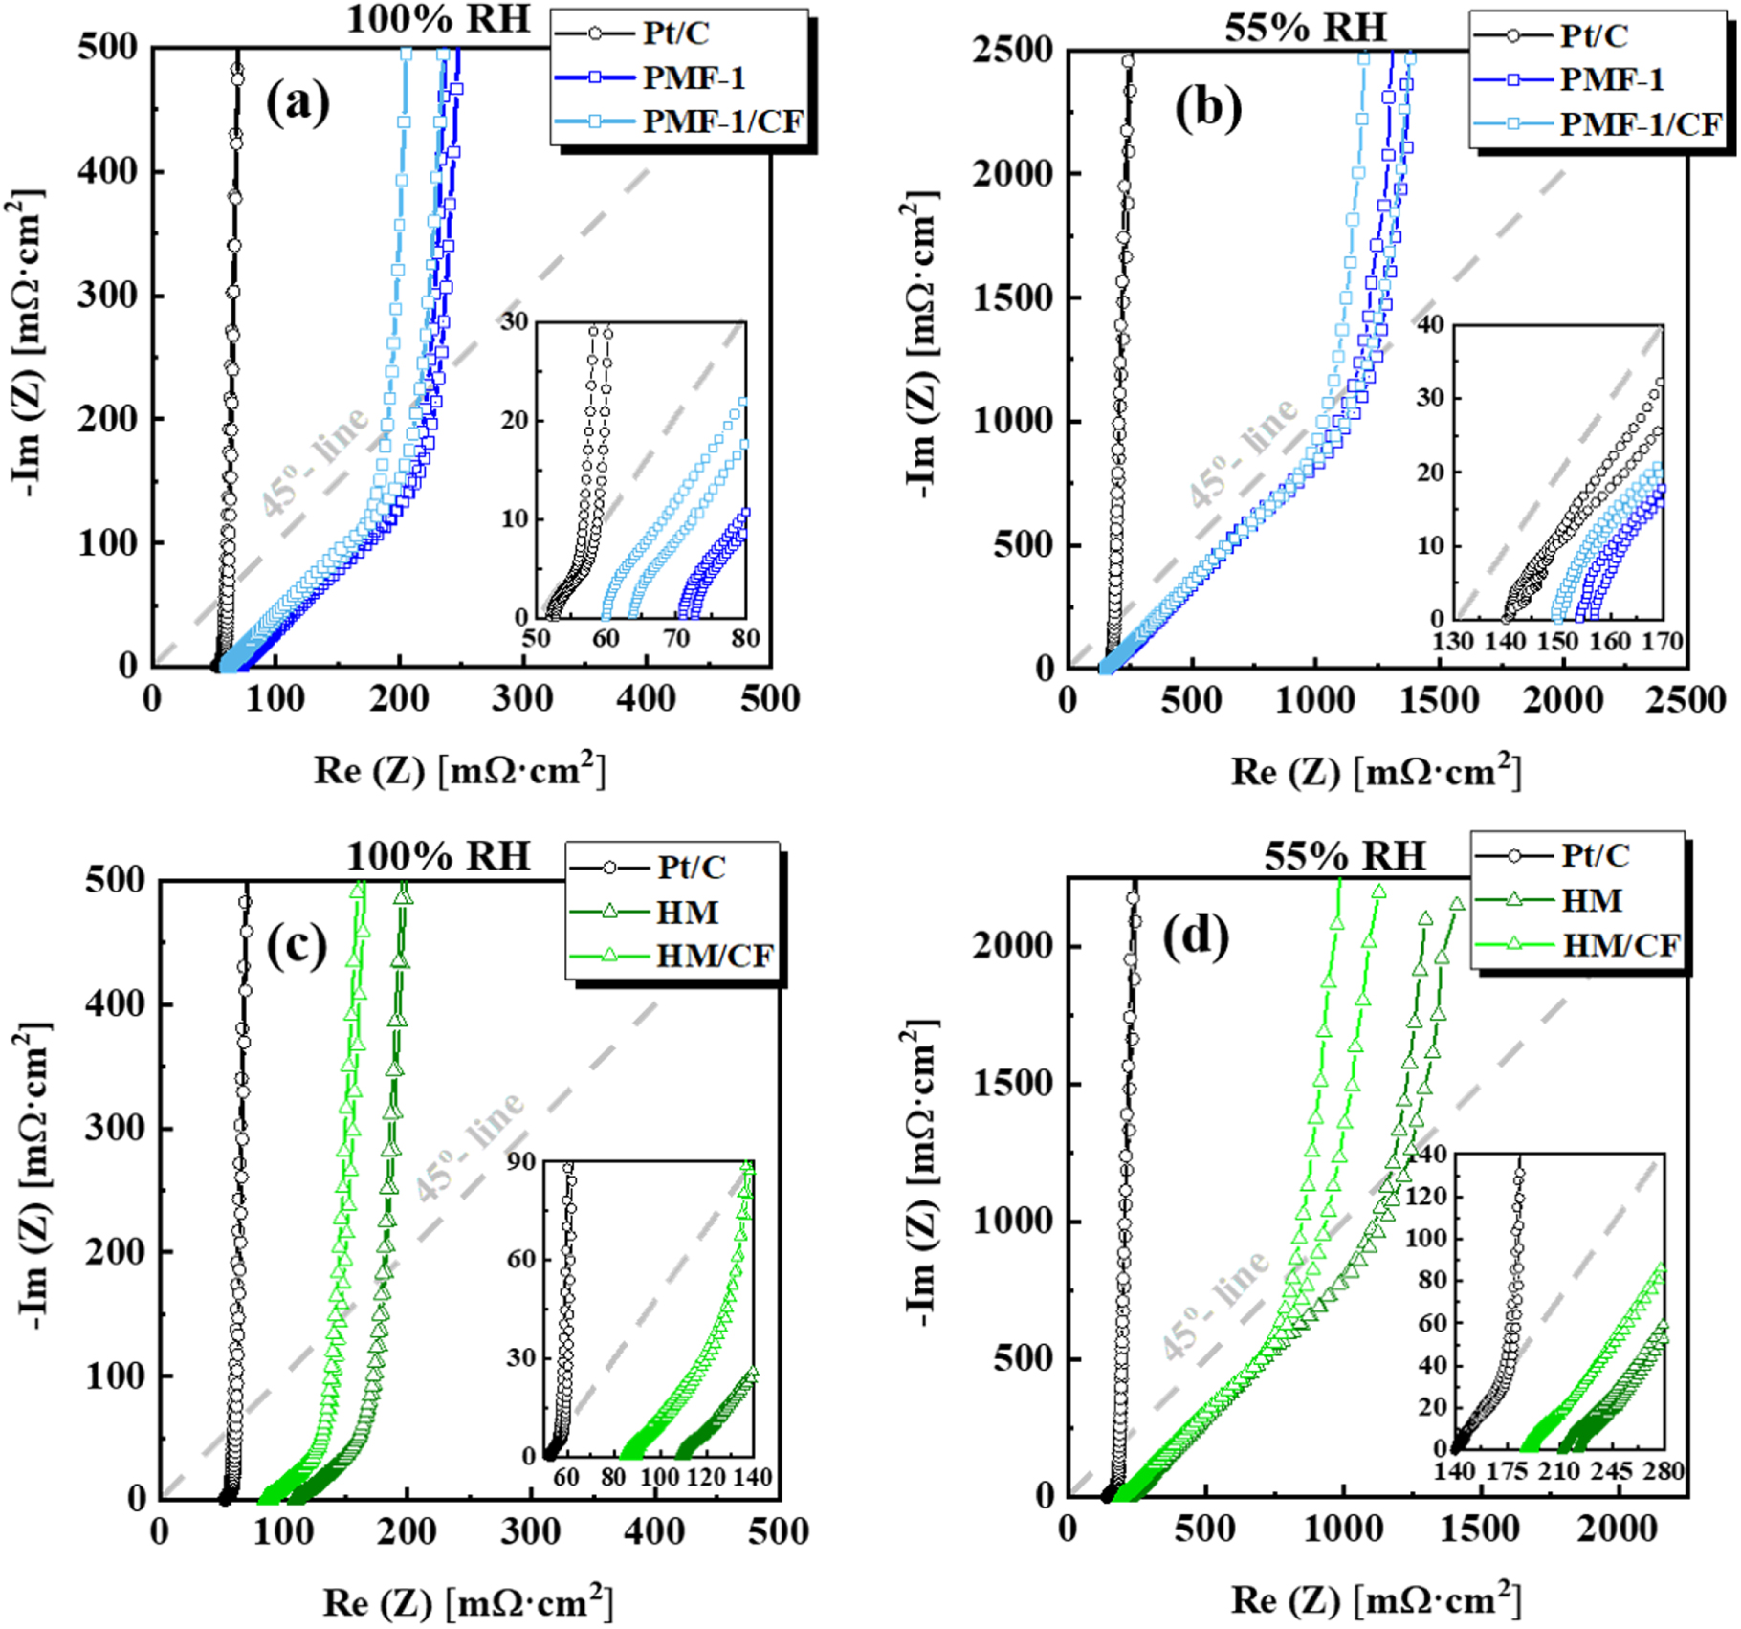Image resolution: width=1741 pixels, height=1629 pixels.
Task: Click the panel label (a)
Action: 298,102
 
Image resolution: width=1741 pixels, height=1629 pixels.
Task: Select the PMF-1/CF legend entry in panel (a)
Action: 722,121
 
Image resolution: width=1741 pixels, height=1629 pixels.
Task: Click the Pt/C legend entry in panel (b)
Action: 1594,35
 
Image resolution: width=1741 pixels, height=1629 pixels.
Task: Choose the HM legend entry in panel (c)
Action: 687,912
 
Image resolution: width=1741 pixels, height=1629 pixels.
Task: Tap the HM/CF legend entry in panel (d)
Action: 1620,945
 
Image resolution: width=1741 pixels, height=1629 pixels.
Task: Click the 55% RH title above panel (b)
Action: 1305,28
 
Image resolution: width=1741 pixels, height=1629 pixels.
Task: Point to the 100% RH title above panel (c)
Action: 437,855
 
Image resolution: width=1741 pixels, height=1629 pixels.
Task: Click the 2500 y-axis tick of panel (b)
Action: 1012,50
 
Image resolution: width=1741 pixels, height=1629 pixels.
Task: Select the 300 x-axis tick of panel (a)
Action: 522,698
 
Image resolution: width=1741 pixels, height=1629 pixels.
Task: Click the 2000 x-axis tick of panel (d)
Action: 1618,1529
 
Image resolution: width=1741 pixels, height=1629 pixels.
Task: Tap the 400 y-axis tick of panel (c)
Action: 115,1003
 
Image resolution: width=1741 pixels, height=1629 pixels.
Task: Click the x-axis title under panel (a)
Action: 459,770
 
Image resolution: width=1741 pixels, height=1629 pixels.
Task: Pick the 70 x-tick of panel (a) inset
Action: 676,638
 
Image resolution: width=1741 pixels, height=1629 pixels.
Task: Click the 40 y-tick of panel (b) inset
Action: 1430,324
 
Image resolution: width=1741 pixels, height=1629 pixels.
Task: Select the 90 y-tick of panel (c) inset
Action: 521,1161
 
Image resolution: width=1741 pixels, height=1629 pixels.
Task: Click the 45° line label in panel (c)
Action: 470,1145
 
